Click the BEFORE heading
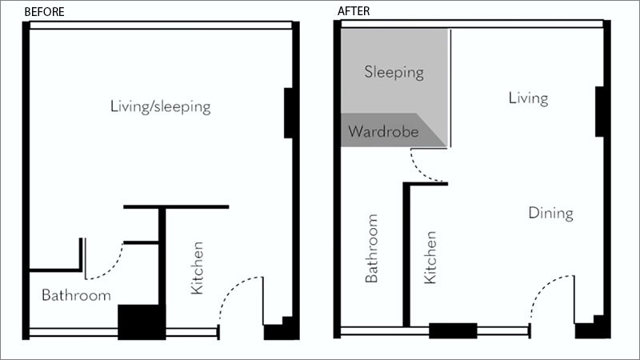[45, 12]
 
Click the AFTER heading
[354, 11]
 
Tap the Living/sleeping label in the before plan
[161, 106]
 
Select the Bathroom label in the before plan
[76, 295]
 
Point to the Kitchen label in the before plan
[197, 268]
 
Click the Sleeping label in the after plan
[394, 72]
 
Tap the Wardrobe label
[383, 131]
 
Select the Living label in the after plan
[528, 98]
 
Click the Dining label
[550, 213]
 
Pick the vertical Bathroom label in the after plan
[371, 248]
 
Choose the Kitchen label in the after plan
[430, 257]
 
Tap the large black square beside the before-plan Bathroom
[142, 322]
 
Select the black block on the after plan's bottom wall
[453, 330]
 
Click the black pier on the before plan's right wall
[289, 113]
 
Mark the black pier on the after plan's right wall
[599, 111]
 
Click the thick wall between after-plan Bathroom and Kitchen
[406, 255]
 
